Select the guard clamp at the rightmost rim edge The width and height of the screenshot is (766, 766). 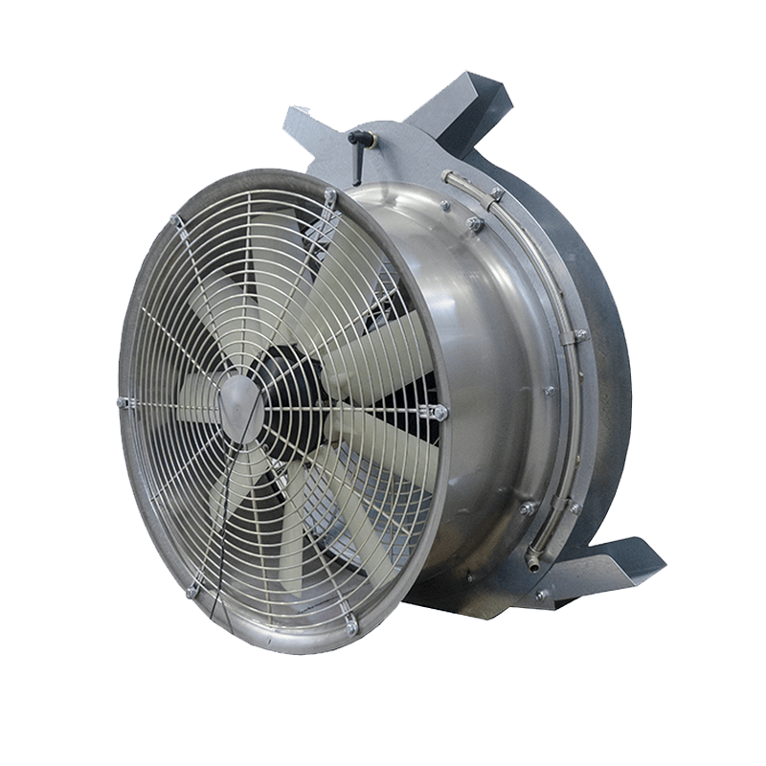coord(439,413)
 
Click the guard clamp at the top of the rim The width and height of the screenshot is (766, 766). coord(328,197)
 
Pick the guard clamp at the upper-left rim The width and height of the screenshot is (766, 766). coord(176,223)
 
